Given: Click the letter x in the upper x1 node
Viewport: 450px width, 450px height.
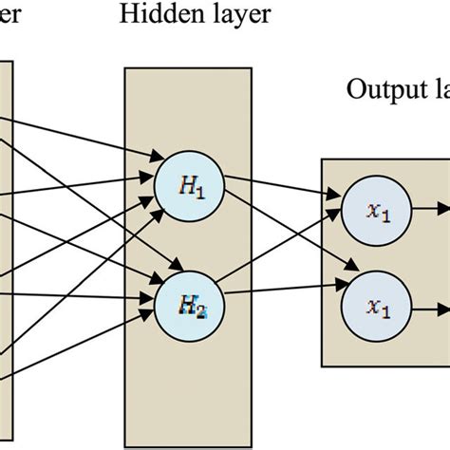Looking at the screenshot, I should (x=374, y=211).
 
